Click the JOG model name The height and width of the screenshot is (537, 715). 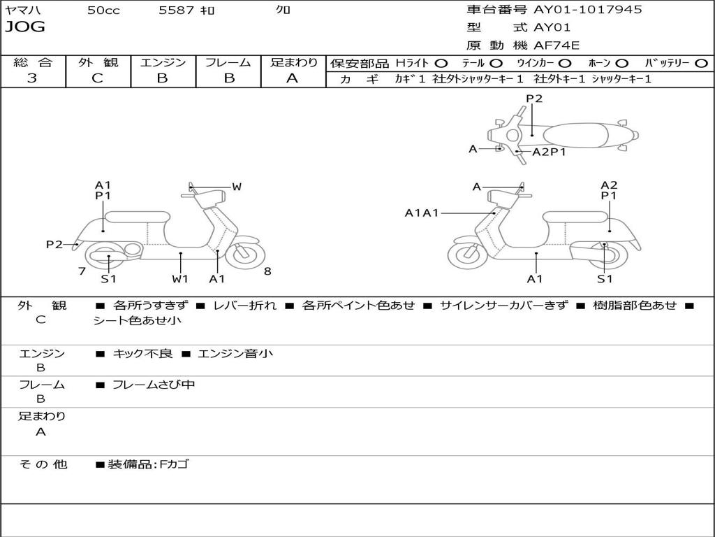coord(25,27)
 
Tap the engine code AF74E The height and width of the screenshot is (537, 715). coord(556,45)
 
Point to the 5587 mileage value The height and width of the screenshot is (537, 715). coord(177,10)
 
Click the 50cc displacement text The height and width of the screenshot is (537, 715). coord(103,10)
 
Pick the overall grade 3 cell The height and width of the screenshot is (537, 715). coord(32,78)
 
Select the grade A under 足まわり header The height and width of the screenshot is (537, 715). coord(293,78)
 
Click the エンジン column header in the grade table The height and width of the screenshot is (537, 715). coord(163,62)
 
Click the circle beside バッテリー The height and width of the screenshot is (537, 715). coord(700,64)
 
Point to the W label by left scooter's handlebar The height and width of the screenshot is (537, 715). coord(237,187)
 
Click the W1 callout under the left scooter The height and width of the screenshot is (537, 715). coord(180,279)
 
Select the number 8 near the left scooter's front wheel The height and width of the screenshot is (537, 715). coord(267,271)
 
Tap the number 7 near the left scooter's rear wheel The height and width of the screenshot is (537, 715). coord(82,271)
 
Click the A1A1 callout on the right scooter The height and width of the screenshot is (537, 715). coord(422,213)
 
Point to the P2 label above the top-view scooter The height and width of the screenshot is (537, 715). coord(534,99)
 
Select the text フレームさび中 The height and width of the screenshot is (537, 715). coord(154,385)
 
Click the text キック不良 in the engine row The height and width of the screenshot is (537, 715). coord(142,354)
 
